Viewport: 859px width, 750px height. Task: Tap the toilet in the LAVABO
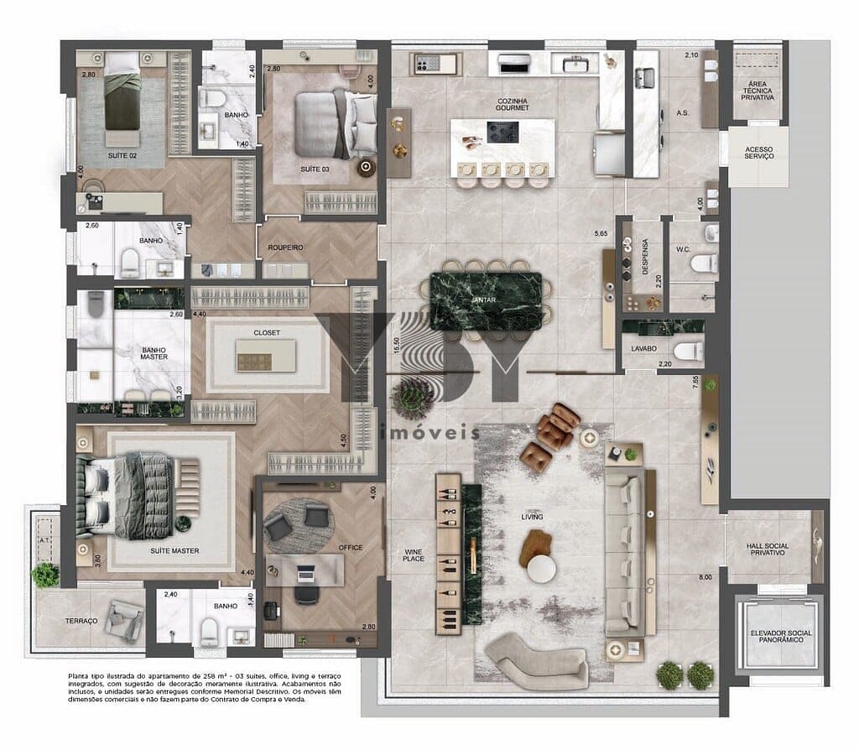point(689,352)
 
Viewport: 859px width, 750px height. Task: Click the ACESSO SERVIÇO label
point(758,154)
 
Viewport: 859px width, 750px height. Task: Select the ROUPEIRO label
point(285,247)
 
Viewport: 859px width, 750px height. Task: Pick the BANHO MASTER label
point(153,352)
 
